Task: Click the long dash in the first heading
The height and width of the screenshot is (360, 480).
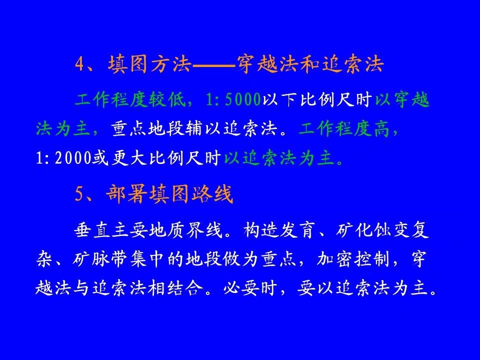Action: pos(214,65)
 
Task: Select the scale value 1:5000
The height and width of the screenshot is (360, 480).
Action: pos(233,99)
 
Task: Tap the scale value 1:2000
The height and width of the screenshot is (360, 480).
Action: pos(63,158)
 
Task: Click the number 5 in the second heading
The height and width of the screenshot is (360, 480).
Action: pos(79,194)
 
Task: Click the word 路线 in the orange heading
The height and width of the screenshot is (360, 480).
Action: pos(212,194)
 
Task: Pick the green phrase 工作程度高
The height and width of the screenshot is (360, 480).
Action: pos(344,129)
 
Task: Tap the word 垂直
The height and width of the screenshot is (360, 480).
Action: pos(92,229)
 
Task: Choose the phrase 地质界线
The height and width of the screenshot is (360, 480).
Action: pos(184,229)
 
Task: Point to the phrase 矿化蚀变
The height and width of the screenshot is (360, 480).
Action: pos(373,229)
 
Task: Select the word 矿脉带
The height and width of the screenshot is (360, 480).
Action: pos(100,259)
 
